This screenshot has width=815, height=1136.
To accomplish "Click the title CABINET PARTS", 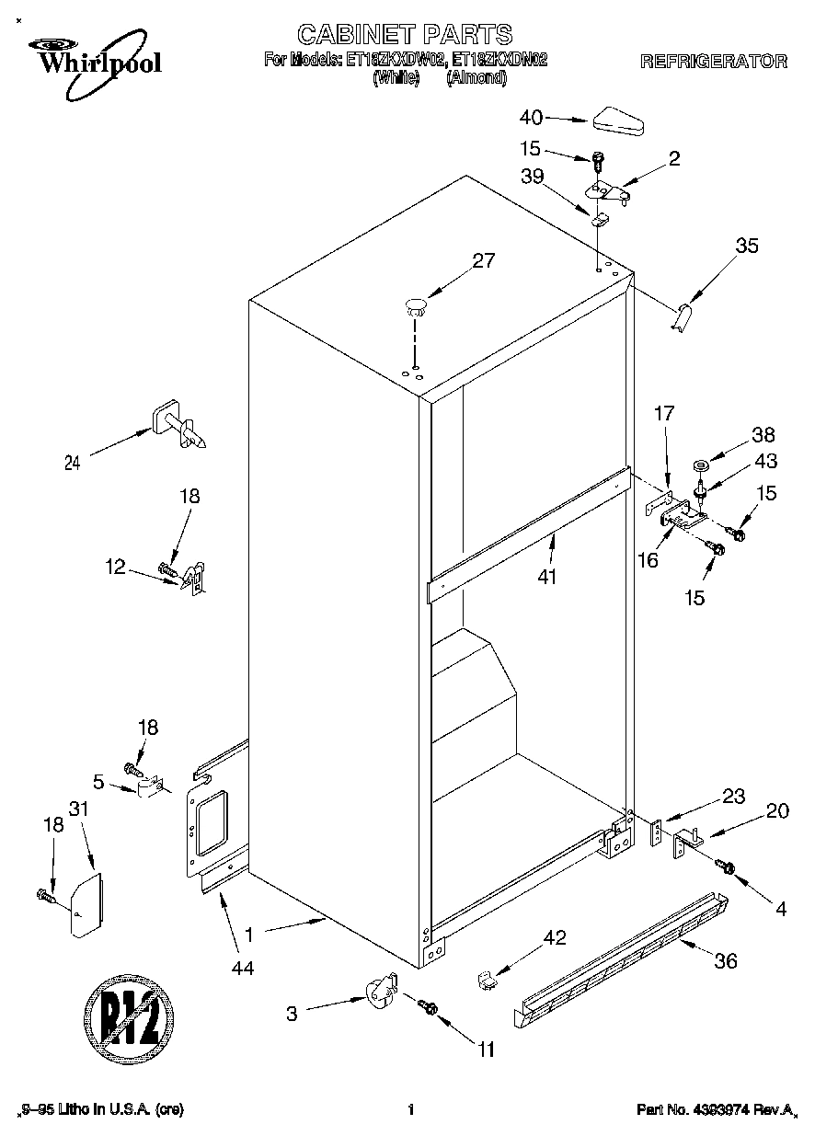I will pos(405,35).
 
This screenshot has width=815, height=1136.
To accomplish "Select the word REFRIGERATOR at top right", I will pos(713,63).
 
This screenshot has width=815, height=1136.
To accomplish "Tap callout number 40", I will pos(531,118).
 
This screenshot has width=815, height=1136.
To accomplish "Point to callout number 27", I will pos(483,260).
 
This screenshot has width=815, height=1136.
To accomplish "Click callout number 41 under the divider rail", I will pos(552,579).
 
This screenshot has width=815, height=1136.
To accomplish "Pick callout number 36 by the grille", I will pos(725,961).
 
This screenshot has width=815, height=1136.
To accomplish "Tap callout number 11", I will pos(486,1049).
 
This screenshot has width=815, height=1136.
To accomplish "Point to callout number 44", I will pos(243,967).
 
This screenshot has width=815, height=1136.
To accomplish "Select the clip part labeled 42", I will pos(487,981).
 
